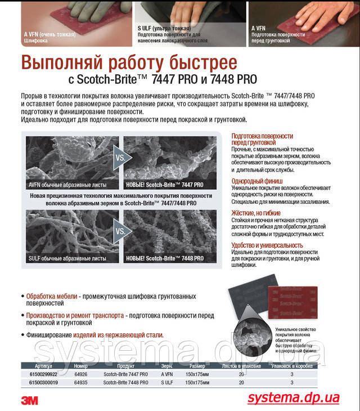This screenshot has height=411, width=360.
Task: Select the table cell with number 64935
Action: [x=80, y=382]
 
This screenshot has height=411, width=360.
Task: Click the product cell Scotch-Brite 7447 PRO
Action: [x=126, y=374]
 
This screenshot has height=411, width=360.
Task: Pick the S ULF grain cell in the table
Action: [x=166, y=382]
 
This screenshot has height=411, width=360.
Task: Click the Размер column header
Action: [x=197, y=365]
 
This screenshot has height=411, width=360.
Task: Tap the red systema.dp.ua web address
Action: [x=294, y=397]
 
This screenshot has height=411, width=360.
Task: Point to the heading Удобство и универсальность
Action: [x=267, y=245]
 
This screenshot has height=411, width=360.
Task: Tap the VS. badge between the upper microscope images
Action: [x=120, y=158]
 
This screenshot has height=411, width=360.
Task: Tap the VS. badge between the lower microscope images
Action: [x=120, y=231]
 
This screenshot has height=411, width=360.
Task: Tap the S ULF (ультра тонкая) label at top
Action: [x=164, y=28]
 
